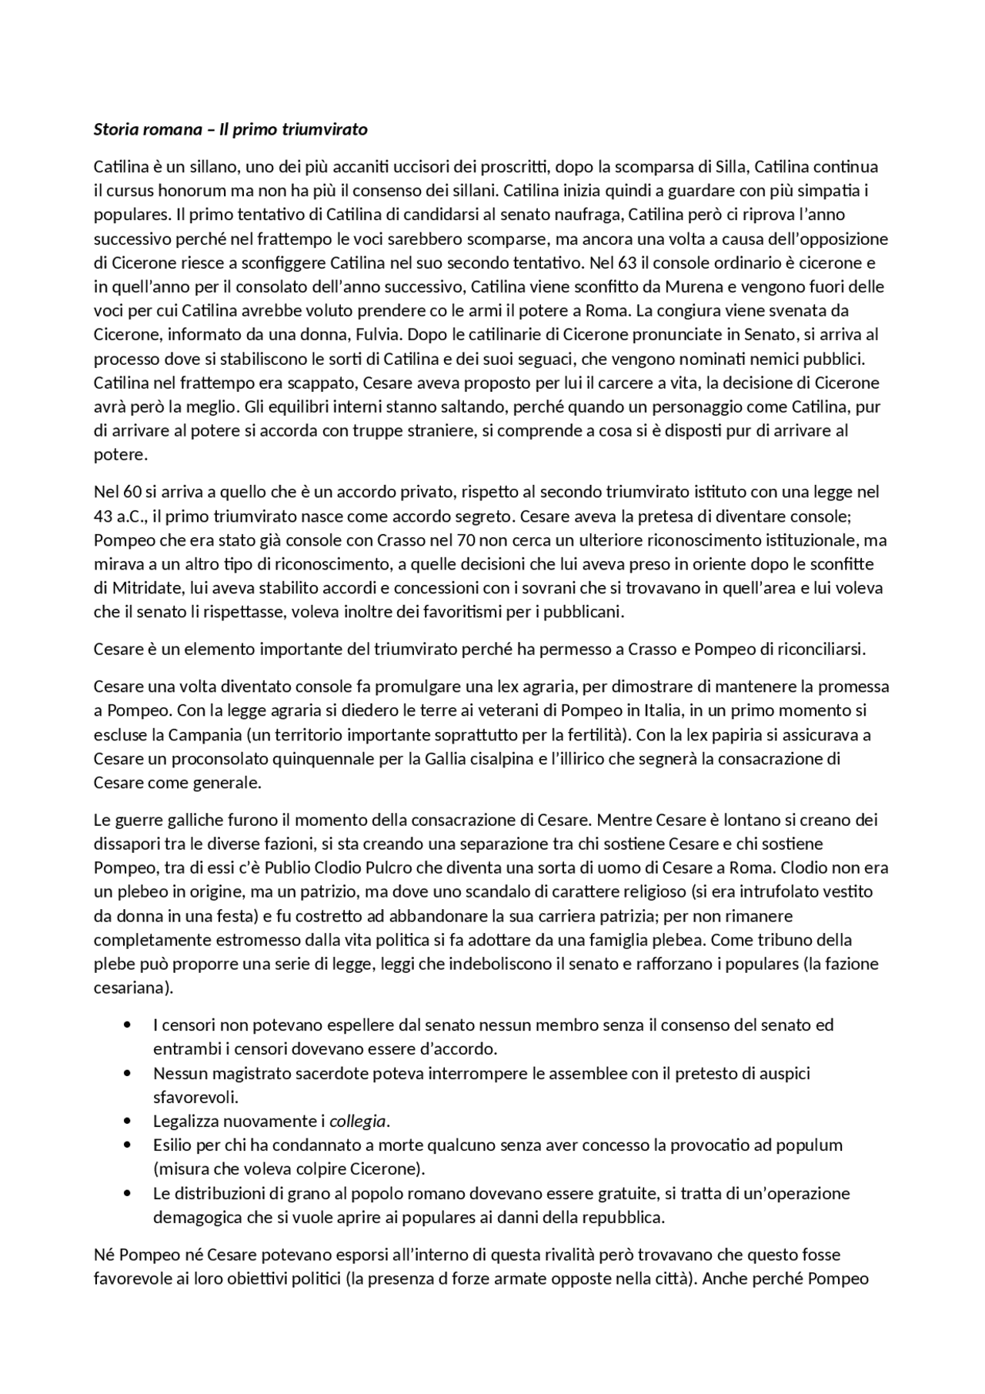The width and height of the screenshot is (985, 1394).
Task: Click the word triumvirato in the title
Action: tap(325, 129)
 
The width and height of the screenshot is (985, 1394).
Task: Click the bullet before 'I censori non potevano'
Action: tap(128, 1025)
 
